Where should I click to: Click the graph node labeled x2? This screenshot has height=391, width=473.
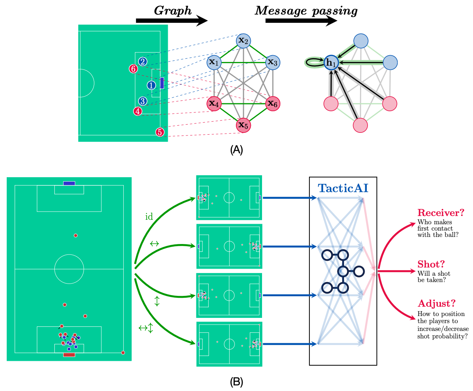click(x=243, y=41)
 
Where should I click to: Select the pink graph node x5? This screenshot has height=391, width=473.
click(x=243, y=125)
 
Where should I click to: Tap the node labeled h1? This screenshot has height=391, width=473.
click(x=331, y=62)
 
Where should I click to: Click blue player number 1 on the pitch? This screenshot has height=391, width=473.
click(x=151, y=85)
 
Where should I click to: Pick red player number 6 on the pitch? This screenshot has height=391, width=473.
click(x=133, y=69)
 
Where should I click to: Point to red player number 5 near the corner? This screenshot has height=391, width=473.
click(x=160, y=132)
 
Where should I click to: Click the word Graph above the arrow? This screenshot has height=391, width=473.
click(x=173, y=11)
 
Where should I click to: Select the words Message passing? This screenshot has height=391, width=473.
click(x=306, y=11)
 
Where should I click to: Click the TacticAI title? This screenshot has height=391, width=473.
click(x=343, y=188)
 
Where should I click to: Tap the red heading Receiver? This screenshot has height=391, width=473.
click(x=441, y=213)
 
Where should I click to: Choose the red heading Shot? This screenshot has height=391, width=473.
click(x=431, y=264)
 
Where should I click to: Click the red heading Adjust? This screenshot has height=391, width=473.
click(x=436, y=303)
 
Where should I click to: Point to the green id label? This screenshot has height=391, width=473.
click(x=149, y=217)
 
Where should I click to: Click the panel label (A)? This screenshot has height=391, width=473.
click(x=236, y=150)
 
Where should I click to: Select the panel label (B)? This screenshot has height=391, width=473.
click(x=236, y=382)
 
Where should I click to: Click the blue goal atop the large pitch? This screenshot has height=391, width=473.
click(x=69, y=184)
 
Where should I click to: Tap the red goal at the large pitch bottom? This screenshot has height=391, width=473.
click(x=69, y=355)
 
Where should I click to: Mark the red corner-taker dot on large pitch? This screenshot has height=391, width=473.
click(x=123, y=353)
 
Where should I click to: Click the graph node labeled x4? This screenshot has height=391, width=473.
click(x=214, y=104)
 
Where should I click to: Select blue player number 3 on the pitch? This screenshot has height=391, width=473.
click(x=142, y=101)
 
